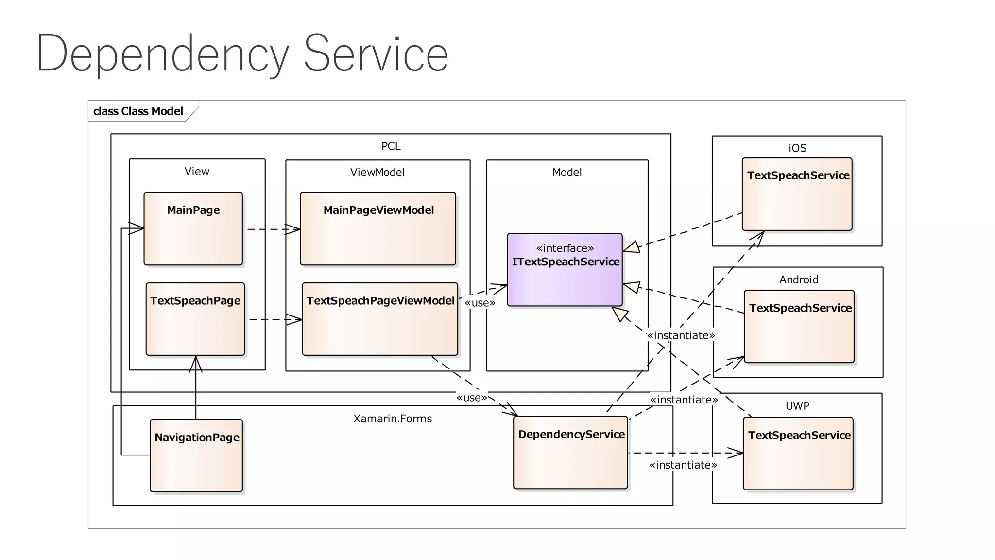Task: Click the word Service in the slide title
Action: pos(376,54)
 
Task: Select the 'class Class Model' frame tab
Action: pos(138,111)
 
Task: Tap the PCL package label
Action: pos(391,146)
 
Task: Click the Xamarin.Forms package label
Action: pos(393,419)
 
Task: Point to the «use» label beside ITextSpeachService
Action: pos(480,303)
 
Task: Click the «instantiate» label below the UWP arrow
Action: pos(683,465)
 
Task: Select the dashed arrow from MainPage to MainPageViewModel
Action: pos(272,229)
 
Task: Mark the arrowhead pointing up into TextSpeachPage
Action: pos(196,364)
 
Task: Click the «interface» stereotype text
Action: pos(565,248)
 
